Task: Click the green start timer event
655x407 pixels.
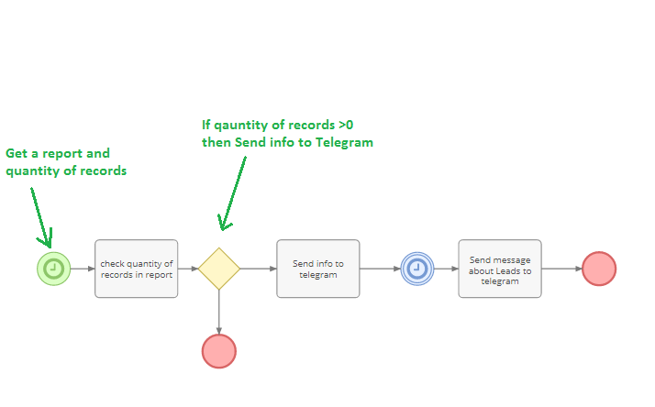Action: point(54,269)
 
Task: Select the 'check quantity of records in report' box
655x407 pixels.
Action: point(136,269)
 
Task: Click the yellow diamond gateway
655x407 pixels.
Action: point(219,269)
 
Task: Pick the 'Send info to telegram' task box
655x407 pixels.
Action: point(317,269)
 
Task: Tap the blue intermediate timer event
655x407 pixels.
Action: point(416,269)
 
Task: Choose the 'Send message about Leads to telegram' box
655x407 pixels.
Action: point(500,269)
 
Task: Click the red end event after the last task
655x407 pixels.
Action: point(599,269)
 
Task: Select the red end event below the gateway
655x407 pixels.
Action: point(219,351)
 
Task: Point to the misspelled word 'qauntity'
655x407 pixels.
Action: point(240,125)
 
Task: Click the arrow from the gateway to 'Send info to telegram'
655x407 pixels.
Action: point(258,269)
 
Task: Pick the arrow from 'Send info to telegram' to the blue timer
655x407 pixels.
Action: point(380,269)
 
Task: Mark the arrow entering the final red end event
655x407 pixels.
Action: point(561,269)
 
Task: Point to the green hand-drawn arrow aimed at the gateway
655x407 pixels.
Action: point(233,192)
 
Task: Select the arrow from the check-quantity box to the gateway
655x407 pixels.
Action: point(188,269)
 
